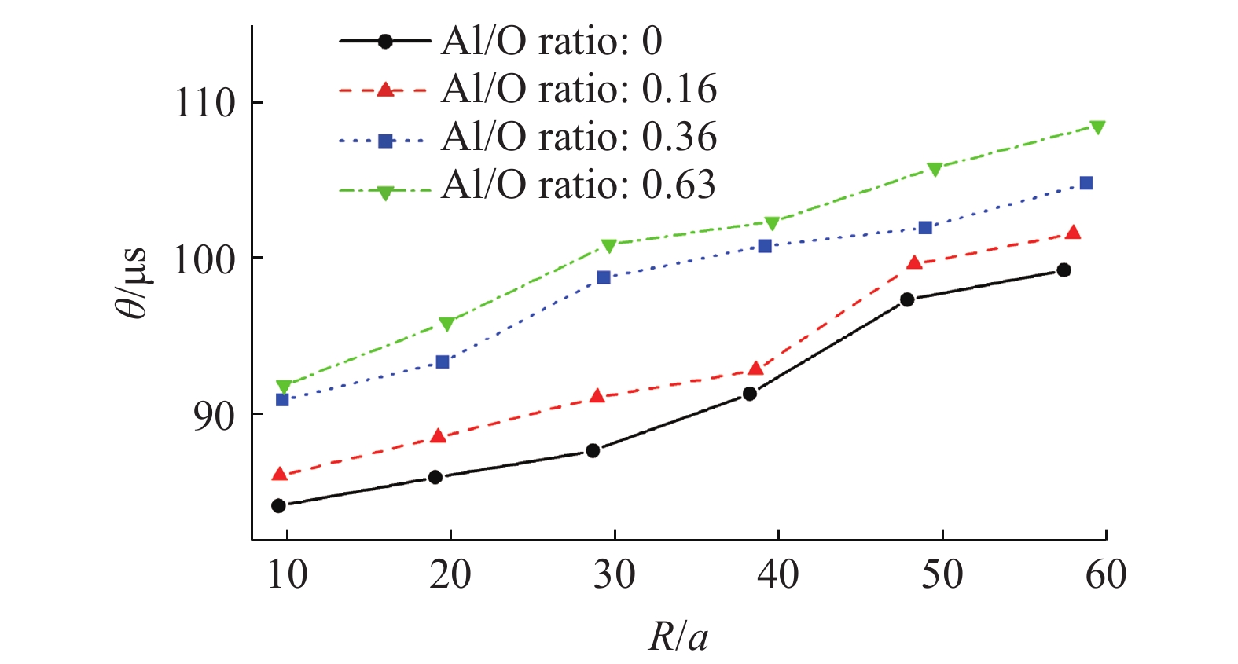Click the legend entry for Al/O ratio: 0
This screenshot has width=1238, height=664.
click(x=551, y=41)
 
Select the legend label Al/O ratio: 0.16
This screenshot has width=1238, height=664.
click(x=579, y=89)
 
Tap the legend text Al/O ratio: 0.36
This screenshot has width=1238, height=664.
click(x=579, y=137)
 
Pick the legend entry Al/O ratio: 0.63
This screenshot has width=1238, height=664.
click(x=578, y=185)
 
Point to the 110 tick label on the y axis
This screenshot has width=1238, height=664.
click(x=204, y=103)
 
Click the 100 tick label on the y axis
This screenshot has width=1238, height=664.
click(x=204, y=259)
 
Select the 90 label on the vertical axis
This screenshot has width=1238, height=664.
click(x=214, y=415)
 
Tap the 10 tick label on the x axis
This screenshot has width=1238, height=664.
click(x=287, y=574)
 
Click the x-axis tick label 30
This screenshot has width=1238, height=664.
click(x=614, y=574)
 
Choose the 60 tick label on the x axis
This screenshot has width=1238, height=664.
click(x=1105, y=574)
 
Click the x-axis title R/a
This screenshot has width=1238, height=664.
click(x=678, y=636)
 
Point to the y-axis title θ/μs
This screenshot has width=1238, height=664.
click(x=132, y=283)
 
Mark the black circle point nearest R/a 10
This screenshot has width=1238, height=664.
click(x=278, y=505)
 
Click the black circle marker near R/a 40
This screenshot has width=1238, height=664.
click(x=750, y=393)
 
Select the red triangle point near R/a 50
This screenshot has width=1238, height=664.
click(x=914, y=262)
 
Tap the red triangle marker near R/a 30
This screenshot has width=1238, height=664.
click(x=597, y=395)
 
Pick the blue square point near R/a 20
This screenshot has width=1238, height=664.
click(x=443, y=361)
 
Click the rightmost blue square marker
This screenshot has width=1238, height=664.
click(x=1086, y=183)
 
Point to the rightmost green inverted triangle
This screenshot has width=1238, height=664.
click(x=1097, y=127)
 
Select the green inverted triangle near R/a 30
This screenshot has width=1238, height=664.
click(x=609, y=246)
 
